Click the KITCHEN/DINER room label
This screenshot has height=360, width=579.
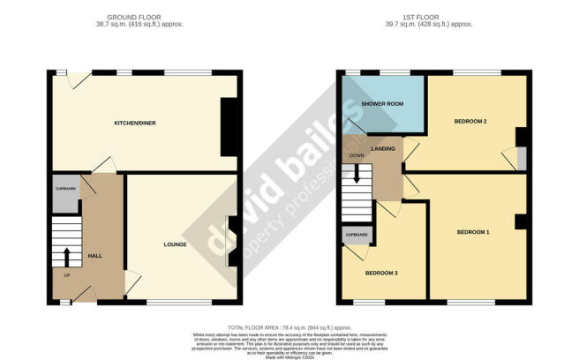pyautogui.click(x=134, y=123)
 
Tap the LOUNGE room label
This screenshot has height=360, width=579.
pyautogui.click(x=174, y=244)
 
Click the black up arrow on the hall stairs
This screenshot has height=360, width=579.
pyautogui.click(x=67, y=257)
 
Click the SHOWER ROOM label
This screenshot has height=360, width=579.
pyautogui.click(x=382, y=104)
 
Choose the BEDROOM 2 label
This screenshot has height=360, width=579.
pyautogui.click(x=471, y=120)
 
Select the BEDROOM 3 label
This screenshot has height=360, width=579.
pyautogui.click(x=383, y=273)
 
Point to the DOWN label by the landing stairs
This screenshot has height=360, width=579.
pyautogui.click(x=357, y=156)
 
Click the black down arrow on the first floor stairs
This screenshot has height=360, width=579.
pyautogui.click(x=357, y=176)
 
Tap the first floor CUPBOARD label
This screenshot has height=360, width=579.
pyautogui.click(x=357, y=235)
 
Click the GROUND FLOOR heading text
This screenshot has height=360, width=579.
pyautogui.click(x=134, y=18)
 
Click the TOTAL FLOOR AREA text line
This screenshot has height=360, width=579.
pyautogui.click(x=288, y=327)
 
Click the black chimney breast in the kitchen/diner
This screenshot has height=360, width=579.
pyautogui.click(x=228, y=128)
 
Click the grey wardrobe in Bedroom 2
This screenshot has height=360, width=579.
pyautogui.click(x=522, y=158)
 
